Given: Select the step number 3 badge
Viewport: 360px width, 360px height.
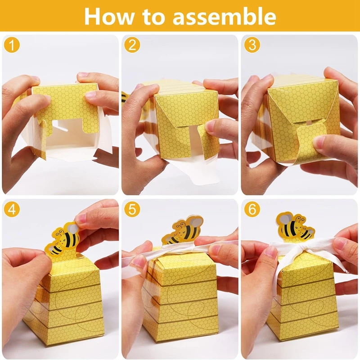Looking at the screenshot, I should click(252, 45).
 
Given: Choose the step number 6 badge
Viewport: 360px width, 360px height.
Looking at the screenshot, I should click(252, 209).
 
